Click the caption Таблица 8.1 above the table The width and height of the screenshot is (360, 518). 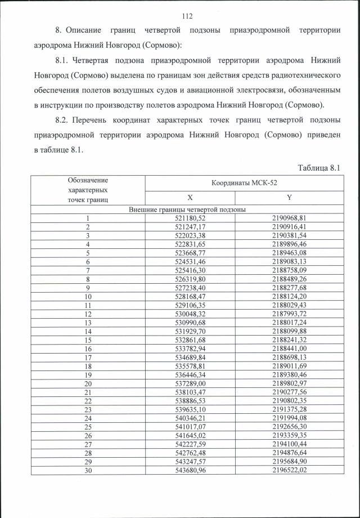[318, 168]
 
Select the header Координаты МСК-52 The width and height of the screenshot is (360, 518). [244, 184]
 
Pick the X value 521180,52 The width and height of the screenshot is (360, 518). [191, 218]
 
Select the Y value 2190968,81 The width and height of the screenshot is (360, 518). [289, 218]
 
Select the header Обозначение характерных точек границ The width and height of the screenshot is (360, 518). [88, 190]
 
